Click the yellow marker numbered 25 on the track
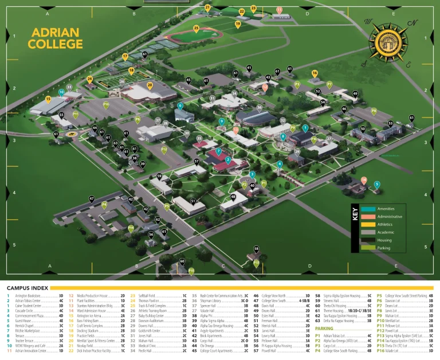[x=197, y=28]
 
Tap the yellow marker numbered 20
[x=150, y=85]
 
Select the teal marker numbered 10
[x=61, y=92]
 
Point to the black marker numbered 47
[x=92, y=199]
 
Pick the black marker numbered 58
[x=257, y=249]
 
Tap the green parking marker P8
[x=374, y=111]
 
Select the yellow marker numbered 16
[x=315, y=73]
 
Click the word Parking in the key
[x=384, y=248]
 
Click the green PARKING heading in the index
[x=324, y=328]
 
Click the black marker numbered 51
[x=193, y=201]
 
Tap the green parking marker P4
[x=104, y=204]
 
